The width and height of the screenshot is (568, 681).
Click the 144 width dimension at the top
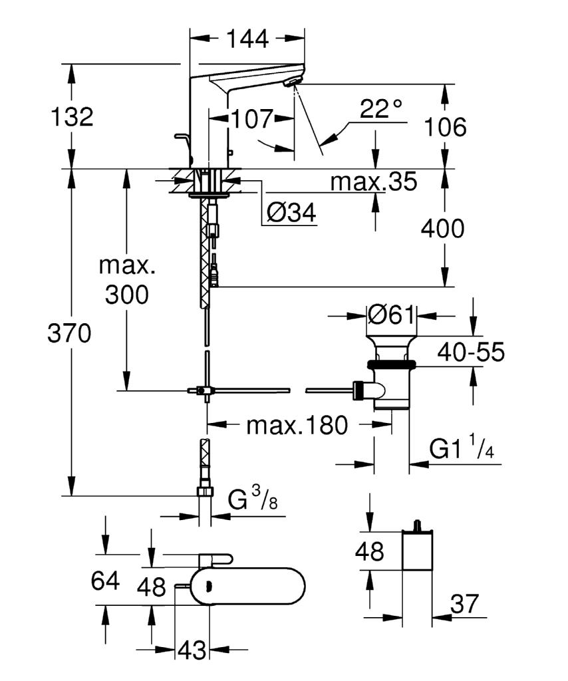(247, 39)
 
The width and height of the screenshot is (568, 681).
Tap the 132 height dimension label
(72, 117)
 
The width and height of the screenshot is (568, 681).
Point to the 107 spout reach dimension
(252, 120)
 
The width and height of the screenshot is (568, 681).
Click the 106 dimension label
(446, 126)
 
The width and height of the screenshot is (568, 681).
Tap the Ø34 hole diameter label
(291, 213)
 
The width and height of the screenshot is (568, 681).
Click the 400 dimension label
(442, 229)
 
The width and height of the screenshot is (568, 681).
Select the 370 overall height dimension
(69, 334)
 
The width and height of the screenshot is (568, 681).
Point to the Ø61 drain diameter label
(392, 314)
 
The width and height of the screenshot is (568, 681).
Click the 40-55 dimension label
(472, 352)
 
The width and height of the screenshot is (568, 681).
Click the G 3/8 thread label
(253, 500)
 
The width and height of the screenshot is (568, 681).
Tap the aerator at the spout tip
(292, 82)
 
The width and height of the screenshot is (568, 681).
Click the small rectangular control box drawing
(418, 549)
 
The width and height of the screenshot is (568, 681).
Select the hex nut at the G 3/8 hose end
(206, 491)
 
